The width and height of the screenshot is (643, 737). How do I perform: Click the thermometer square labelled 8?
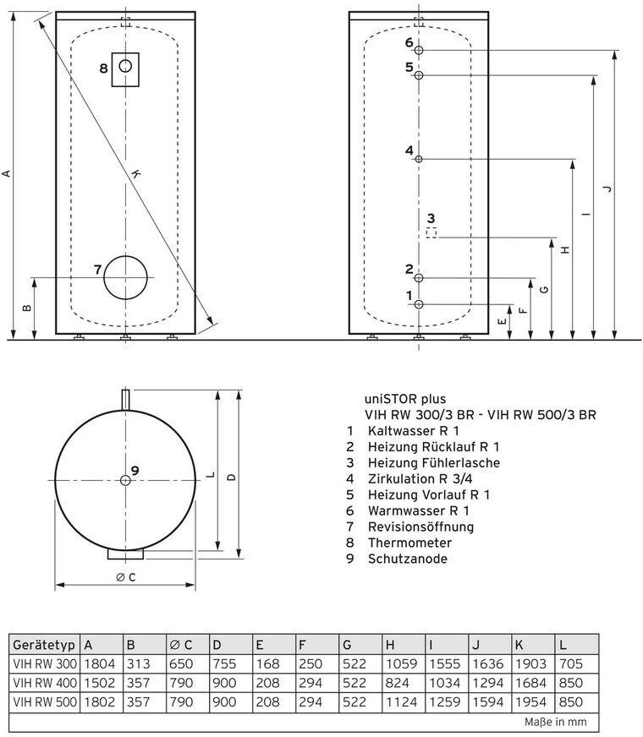[x=125, y=67]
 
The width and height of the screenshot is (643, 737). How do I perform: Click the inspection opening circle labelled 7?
[x=125, y=276]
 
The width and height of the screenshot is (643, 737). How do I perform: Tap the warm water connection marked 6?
[x=419, y=51]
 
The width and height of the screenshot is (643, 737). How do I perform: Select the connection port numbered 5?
[x=419, y=75]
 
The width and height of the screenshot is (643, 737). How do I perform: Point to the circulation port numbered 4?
[x=419, y=159]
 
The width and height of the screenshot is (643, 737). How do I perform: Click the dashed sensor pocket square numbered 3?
[x=431, y=232]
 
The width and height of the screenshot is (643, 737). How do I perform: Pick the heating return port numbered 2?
[x=419, y=278]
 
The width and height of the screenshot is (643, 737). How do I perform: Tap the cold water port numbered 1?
[x=419, y=303]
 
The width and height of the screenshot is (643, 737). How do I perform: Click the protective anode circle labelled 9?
[x=125, y=480]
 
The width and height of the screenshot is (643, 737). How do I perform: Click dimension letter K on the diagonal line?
[x=136, y=174]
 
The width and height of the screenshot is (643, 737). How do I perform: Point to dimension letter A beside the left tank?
[x=7, y=173]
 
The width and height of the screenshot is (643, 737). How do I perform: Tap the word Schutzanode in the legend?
[x=407, y=559]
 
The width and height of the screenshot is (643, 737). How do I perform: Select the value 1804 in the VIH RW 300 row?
[x=98, y=664]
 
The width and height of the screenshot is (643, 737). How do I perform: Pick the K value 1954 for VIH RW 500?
[x=530, y=701]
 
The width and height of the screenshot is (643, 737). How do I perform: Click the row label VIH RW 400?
[x=43, y=682]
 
